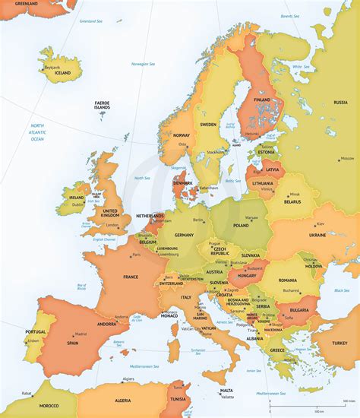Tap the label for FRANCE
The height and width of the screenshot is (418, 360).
(131, 277)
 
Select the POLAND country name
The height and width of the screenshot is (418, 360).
(240, 226)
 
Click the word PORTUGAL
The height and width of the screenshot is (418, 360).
(36, 331)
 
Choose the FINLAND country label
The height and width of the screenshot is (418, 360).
(262, 100)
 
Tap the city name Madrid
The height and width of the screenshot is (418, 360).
(80, 334)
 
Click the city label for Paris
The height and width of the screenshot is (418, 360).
(137, 255)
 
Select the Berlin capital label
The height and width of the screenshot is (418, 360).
(199, 220)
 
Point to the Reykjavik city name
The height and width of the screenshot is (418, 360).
(52, 66)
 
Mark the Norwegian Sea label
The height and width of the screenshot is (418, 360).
(141, 65)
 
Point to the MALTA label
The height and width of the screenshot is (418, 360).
(226, 391)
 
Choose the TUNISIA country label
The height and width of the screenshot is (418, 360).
(178, 398)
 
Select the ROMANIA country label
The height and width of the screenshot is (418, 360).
(287, 280)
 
